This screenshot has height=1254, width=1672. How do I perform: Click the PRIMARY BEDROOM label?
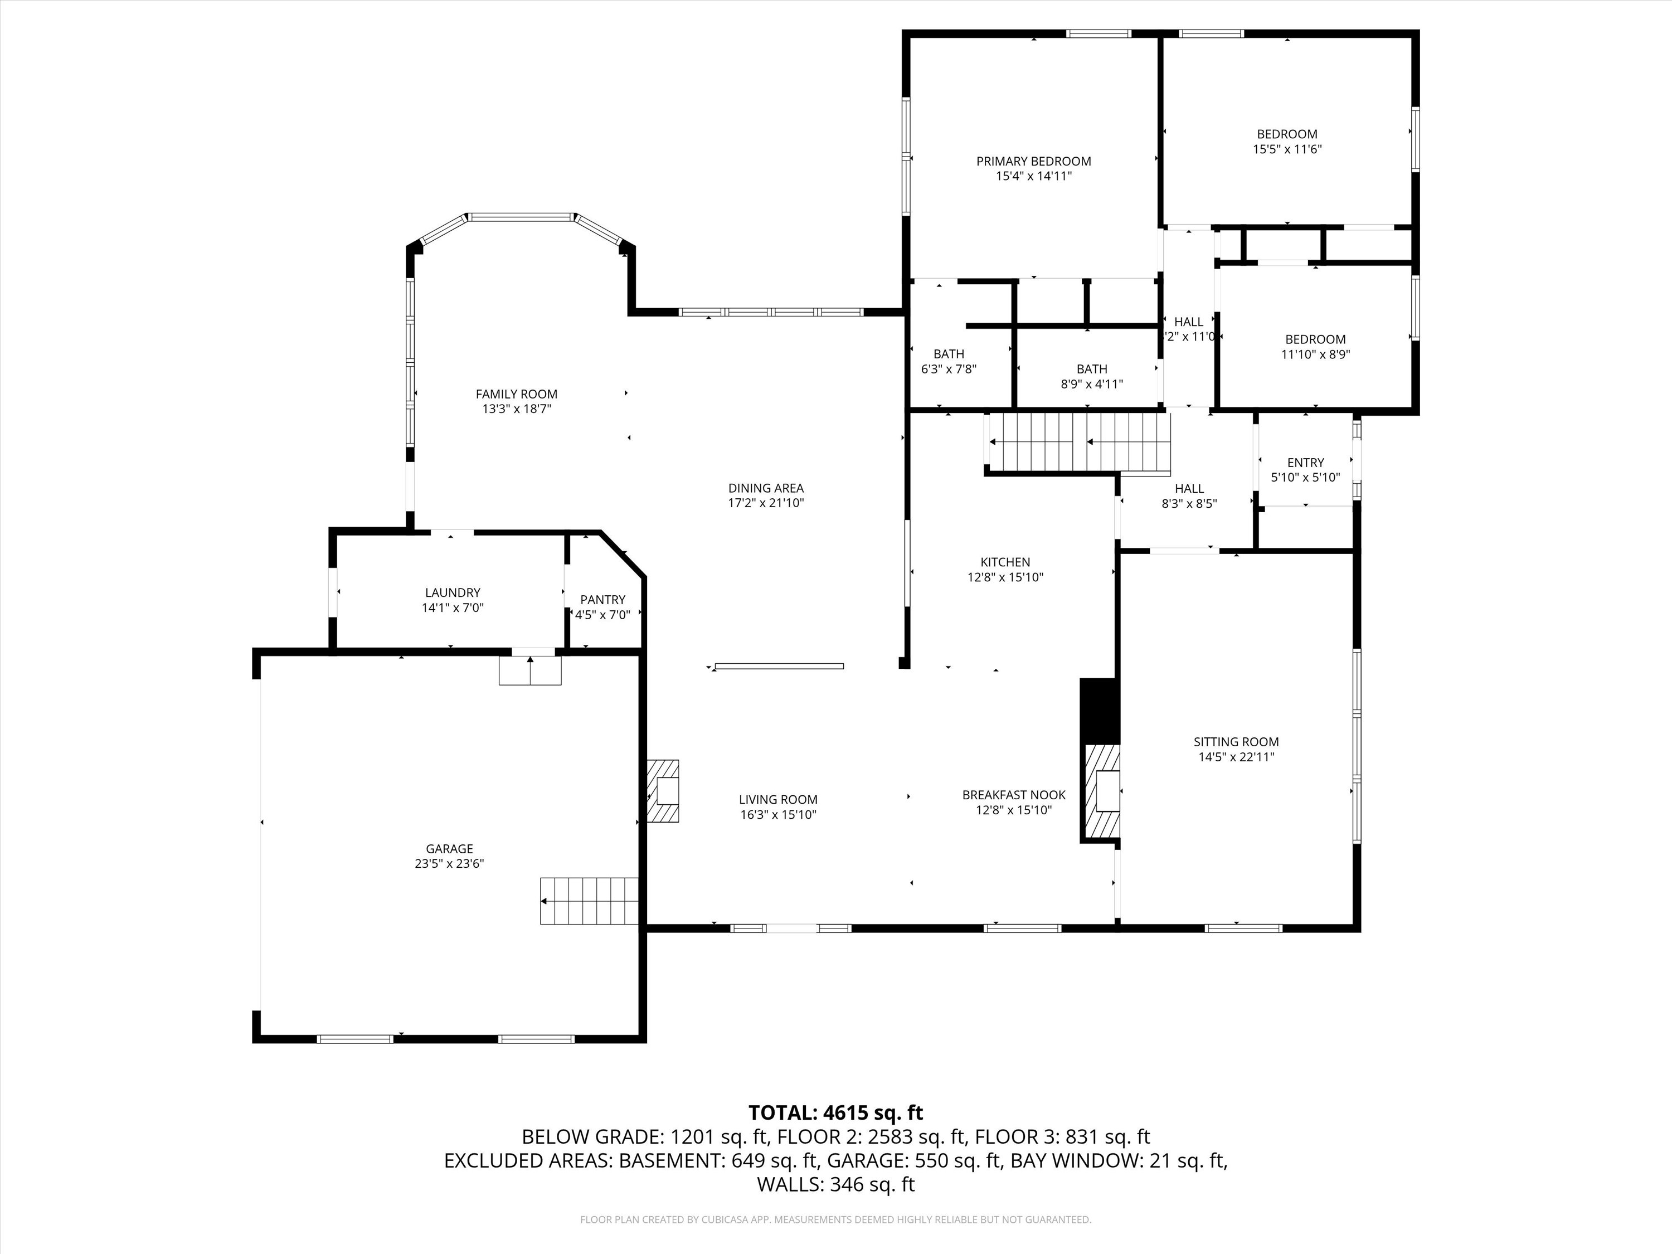1033,161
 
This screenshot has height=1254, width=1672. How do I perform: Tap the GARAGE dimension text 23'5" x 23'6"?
449,863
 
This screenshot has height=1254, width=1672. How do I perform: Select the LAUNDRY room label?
452,592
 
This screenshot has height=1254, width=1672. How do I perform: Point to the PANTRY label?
602,599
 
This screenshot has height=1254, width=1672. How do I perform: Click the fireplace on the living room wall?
663,791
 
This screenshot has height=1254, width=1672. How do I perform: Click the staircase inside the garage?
590,900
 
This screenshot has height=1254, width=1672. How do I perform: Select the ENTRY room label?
1305,463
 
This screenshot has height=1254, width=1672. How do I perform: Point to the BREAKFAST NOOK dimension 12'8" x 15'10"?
1014,810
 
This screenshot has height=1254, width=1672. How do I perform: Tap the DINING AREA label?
766,488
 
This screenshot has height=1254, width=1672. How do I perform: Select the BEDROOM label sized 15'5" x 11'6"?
1286,134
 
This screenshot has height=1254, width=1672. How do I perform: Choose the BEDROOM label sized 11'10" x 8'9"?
1315,339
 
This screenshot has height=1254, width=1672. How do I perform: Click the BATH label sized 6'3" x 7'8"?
949,354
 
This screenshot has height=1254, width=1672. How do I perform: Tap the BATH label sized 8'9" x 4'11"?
1091,369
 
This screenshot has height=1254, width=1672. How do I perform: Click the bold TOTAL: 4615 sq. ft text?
835,1112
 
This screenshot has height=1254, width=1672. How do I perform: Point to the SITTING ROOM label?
1236,742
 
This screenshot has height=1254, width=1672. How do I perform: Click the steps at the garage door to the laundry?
530,670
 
